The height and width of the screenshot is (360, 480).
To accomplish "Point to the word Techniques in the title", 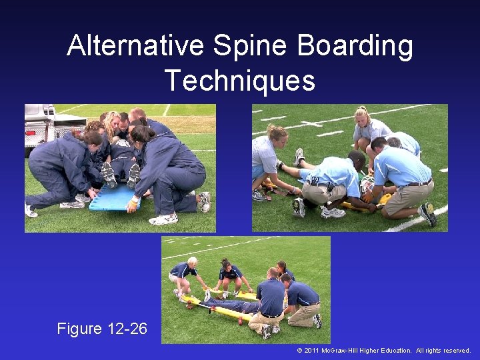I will tap(240, 80).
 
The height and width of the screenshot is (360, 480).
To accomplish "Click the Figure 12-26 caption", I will tap(102, 329).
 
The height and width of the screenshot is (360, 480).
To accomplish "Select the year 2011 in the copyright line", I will tap(311, 351).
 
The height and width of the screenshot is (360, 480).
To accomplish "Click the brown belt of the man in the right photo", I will tap(419, 183).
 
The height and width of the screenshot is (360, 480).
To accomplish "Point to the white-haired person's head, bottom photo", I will tap(192, 261).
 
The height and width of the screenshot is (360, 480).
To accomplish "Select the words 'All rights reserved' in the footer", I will tap(444, 351).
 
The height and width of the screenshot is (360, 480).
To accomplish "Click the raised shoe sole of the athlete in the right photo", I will tap(299, 157).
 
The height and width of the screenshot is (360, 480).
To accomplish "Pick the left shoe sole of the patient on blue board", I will tap(108, 175).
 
